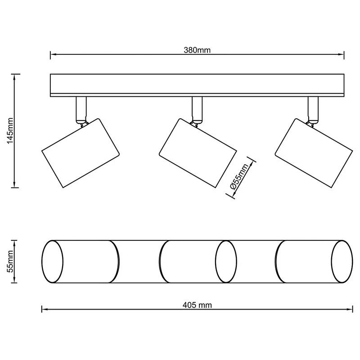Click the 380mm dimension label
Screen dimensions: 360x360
197,50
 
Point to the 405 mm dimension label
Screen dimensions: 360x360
197,305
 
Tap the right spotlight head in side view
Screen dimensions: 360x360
314,152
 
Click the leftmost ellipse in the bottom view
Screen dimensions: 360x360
52,261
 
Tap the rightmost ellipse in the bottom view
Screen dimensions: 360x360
342,261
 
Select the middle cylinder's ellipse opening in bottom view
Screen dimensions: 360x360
226,261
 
